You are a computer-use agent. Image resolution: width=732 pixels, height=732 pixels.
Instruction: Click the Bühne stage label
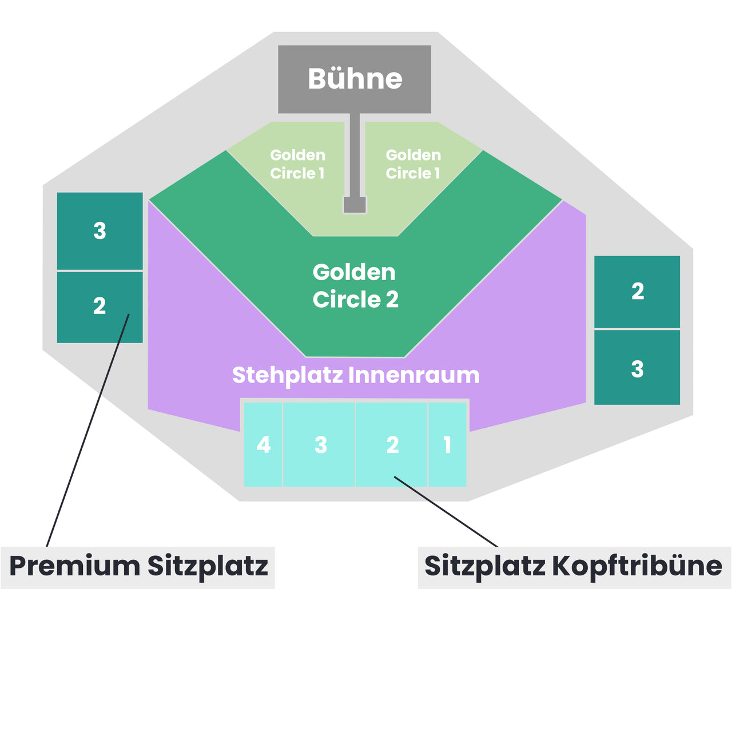355,79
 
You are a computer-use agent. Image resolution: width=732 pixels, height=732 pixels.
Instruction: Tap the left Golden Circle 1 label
297,164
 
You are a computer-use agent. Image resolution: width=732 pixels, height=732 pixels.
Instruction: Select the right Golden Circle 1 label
413,164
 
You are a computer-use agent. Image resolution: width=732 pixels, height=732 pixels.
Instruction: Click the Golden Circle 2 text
355,286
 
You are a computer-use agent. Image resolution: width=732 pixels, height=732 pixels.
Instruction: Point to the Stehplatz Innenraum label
355,375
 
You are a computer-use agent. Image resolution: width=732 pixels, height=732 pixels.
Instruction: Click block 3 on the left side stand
100,231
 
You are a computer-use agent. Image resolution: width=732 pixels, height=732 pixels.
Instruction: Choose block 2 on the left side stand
100,306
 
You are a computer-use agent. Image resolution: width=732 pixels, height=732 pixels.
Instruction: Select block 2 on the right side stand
637,292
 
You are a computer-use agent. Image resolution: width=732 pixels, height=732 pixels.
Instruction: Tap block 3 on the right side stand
637,369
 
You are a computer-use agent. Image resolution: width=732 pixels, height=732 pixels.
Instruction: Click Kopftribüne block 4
263,445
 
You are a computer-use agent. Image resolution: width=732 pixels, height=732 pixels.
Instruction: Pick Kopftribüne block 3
320,445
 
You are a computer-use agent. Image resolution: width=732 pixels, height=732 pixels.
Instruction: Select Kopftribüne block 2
392,445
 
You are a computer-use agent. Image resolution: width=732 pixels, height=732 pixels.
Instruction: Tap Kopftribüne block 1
447,445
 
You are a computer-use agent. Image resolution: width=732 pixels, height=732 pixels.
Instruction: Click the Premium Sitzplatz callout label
138,566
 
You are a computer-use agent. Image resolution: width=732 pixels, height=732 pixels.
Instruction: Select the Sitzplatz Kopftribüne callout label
573,566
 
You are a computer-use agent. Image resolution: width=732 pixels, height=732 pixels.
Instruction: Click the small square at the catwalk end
355,205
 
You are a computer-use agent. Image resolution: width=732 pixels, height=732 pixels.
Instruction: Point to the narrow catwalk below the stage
355,154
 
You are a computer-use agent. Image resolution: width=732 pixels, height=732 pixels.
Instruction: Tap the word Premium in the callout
74,566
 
